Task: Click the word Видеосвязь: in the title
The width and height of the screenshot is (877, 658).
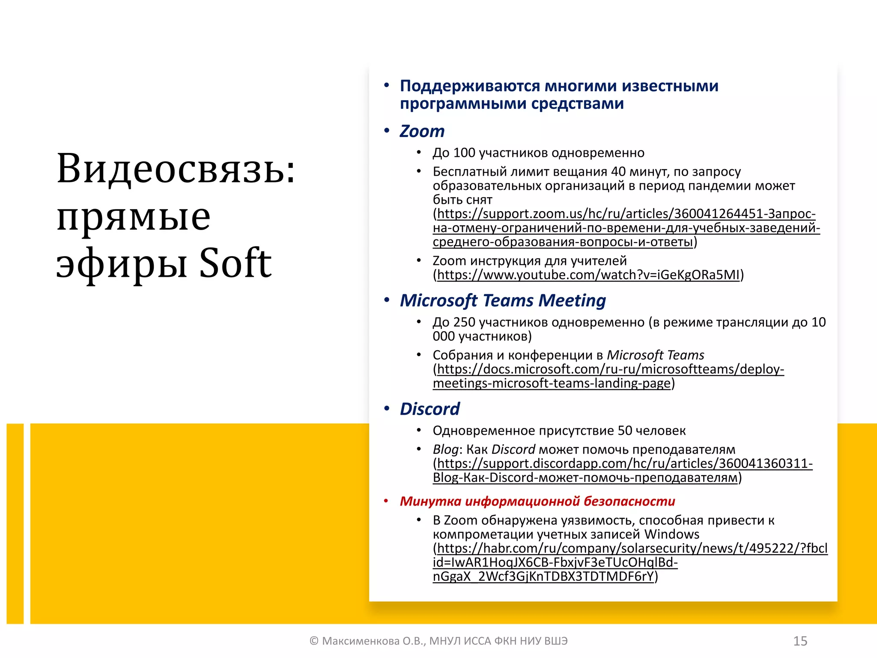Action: [x=176, y=169]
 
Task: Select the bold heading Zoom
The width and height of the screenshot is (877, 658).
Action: [x=422, y=131]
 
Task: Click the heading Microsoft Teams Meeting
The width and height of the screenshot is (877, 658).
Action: [x=503, y=300]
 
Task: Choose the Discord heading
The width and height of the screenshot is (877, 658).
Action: [x=430, y=409]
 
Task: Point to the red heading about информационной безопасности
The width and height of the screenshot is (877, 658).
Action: [x=537, y=501]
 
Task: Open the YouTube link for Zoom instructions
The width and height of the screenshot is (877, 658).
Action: [x=588, y=275]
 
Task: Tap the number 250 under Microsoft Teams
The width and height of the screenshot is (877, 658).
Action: [x=464, y=322]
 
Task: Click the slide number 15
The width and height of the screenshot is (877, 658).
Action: [x=800, y=641]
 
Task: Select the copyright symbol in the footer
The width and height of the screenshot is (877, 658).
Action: [x=314, y=641]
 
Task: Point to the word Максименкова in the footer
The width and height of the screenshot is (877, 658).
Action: [x=361, y=641]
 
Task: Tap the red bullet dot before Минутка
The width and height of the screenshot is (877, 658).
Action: [x=386, y=501]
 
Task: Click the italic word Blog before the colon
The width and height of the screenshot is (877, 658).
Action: [x=445, y=449]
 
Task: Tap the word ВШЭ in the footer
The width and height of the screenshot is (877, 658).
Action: [x=555, y=641]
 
